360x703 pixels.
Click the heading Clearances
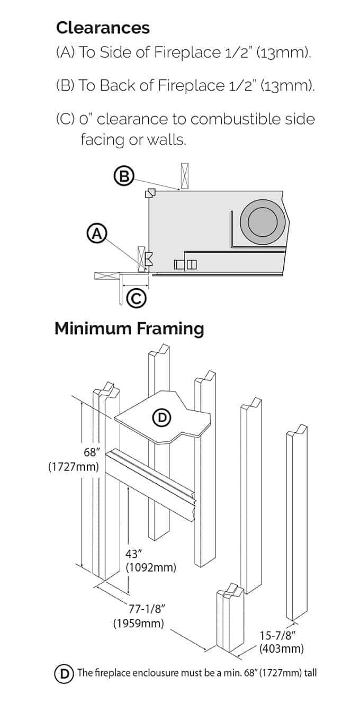[103, 28]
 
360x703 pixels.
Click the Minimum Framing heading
[129, 328]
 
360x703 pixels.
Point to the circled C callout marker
[136, 299]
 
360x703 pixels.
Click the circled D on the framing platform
[162, 418]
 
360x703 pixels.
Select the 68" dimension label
[92, 452]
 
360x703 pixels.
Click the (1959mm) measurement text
[138, 623]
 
